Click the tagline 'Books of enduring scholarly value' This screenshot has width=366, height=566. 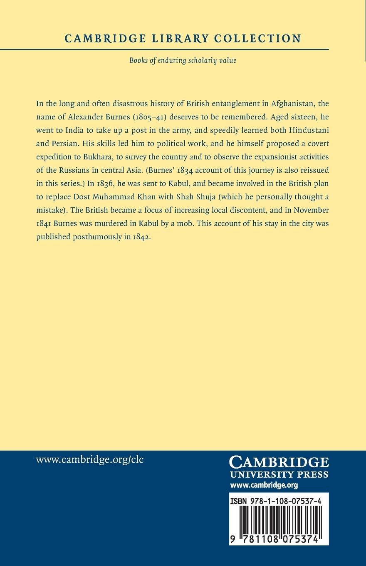point(183,60)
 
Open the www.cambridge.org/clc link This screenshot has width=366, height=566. point(90,459)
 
